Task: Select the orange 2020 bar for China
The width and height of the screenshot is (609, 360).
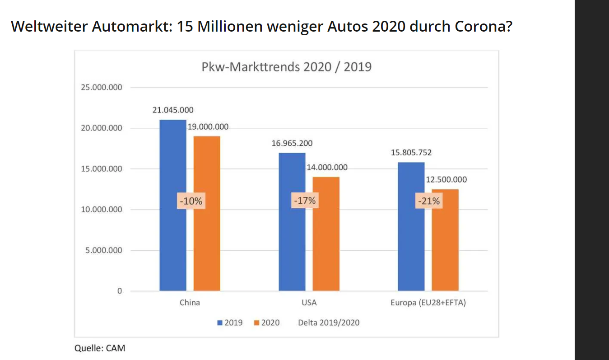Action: [x=207, y=244]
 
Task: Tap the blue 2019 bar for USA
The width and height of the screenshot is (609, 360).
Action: [x=292, y=244]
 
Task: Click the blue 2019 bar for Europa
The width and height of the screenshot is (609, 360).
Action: [x=411, y=244]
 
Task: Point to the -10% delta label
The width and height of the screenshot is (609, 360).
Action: [x=191, y=201]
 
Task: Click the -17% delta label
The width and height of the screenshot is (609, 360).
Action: [x=305, y=200]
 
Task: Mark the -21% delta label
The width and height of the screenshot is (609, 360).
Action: [x=429, y=201]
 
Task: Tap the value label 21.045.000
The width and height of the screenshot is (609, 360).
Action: [x=172, y=110]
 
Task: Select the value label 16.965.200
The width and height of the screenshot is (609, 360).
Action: [x=292, y=143]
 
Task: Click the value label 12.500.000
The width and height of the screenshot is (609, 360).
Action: [x=446, y=179]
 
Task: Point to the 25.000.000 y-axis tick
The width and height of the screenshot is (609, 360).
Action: [x=102, y=87]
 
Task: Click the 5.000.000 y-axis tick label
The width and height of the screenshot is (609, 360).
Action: [x=104, y=250]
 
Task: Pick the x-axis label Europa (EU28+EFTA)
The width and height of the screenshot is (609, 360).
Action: [x=428, y=303]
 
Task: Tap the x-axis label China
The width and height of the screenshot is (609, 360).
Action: [x=190, y=303]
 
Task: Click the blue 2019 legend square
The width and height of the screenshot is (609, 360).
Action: [x=220, y=323]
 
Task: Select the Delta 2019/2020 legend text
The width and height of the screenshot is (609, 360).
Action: [x=329, y=323]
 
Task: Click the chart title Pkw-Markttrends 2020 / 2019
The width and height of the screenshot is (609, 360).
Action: [x=286, y=67]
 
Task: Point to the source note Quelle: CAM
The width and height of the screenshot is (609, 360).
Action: [x=100, y=348]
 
